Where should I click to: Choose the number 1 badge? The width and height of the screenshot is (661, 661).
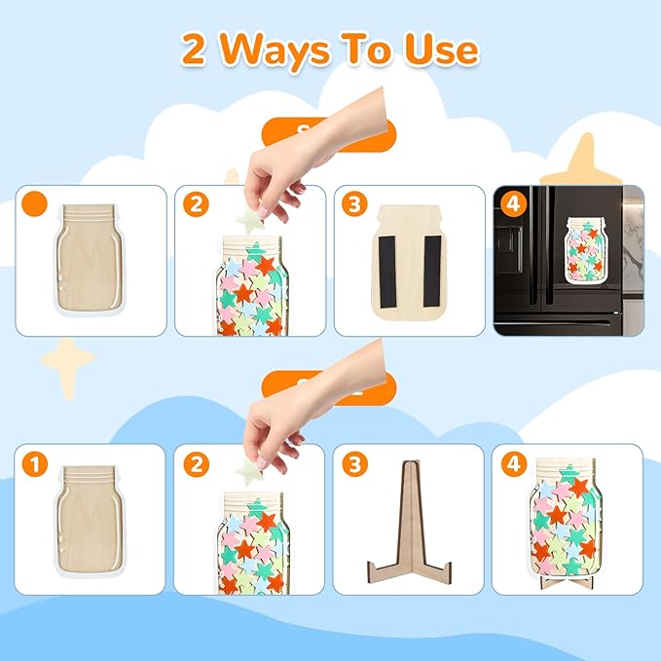click(35, 464)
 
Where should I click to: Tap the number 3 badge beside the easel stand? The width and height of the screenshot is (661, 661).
click(354, 464)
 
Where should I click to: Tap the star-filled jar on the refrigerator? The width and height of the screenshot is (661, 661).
click(596, 255)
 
